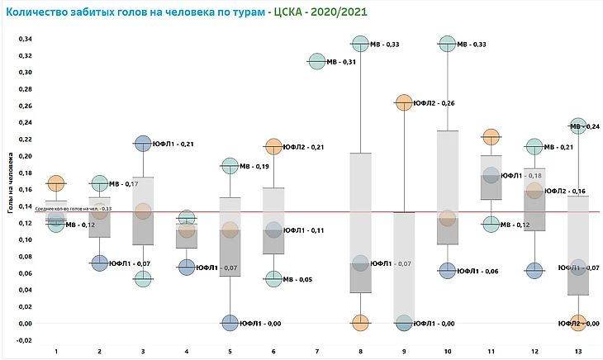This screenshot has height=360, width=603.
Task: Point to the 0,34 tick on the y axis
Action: [x=26, y=39]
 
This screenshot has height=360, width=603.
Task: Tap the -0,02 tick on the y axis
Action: [x=26, y=340]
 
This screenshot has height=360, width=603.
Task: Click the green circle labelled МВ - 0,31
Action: [x=316, y=61]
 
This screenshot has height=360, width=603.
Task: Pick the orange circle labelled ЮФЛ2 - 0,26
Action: [x=404, y=102]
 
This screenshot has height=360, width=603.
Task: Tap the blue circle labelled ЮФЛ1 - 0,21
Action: [x=143, y=144]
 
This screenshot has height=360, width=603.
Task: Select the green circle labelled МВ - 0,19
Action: [x=230, y=166]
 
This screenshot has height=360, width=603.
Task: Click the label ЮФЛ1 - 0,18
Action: [x=522, y=175]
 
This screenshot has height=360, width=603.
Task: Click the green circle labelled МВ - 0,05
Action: [x=273, y=279]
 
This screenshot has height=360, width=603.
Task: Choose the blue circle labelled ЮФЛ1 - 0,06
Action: [x=447, y=270]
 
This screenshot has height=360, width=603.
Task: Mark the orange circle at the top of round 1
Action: [x=56, y=182]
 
